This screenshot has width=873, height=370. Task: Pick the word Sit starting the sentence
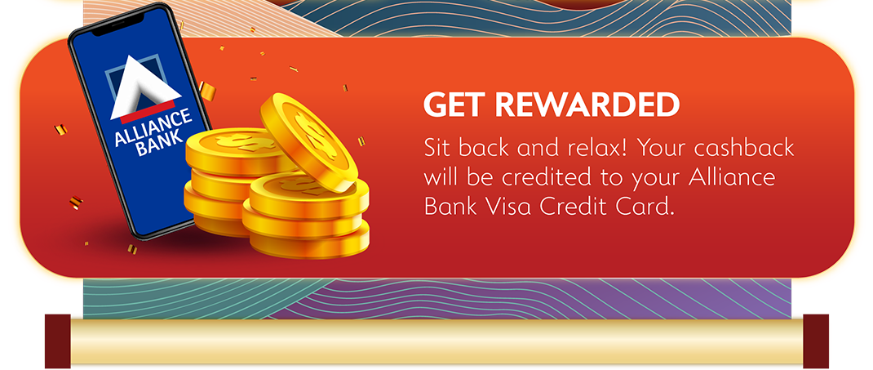point(437,149)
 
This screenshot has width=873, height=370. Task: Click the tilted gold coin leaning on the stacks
point(308,140)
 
